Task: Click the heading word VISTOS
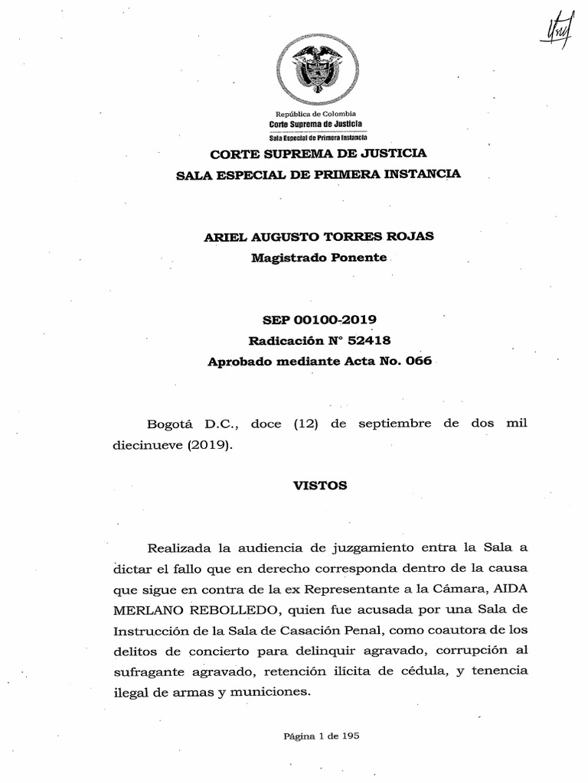320,486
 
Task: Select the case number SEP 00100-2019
320,320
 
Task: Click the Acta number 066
418,361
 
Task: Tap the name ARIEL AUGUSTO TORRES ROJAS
318,236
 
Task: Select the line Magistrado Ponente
318,258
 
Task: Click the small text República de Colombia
315,114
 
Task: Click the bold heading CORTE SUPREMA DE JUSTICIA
318,153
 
